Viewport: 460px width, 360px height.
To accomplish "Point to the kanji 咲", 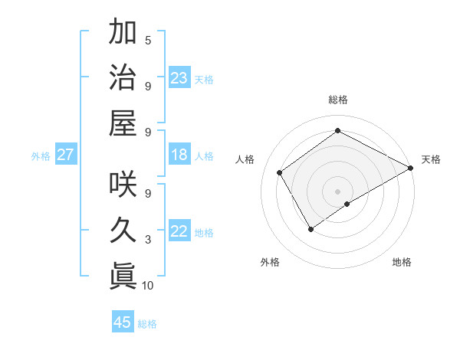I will (x=123, y=183).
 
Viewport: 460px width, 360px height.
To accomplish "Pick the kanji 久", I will (x=123, y=229).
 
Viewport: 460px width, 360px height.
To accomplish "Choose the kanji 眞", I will (x=123, y=274).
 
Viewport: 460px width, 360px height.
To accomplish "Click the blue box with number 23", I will (x=179, y=77).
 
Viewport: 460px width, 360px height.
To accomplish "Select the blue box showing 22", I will (x=179, y=231).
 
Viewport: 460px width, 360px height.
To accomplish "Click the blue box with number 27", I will (x=66, y=155).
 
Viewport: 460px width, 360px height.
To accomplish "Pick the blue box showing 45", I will (x=123, y=322).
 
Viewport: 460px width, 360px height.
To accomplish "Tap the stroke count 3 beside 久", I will (x=148, y=240).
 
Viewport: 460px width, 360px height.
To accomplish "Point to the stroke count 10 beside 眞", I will (x=148, y=286).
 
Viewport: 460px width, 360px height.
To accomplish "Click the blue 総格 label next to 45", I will (x=147, y=324).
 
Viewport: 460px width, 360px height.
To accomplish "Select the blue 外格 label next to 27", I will (x=41, y=156).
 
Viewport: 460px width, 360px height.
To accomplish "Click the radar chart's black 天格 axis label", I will (x=431, y=159).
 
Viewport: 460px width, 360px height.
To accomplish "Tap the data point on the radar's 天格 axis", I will (x=410, y=169).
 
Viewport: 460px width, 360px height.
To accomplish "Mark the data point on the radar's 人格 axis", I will (x=280, y=172).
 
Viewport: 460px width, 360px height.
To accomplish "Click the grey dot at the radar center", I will (x=337, y=190).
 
